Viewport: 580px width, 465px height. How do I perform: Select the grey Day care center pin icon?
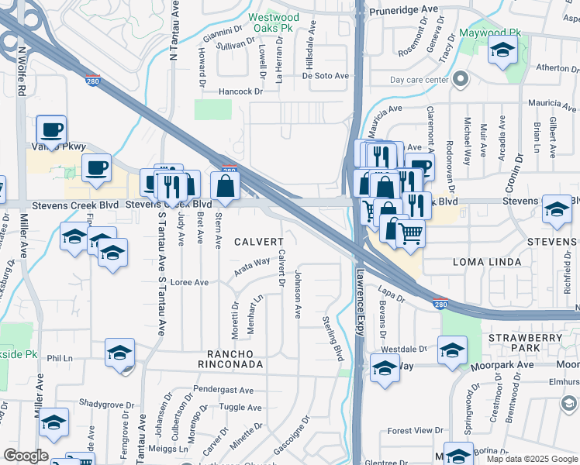click(461, 79)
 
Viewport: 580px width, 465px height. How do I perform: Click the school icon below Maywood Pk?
click(502, 52)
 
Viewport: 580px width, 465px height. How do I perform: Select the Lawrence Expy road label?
click(360, 299)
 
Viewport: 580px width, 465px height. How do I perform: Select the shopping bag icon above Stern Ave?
click(225, 185)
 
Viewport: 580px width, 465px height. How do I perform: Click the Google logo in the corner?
click(26, 456)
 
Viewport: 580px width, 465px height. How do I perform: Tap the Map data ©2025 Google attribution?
click(530, 459)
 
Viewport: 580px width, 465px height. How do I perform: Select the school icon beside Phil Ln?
click(119, 352)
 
